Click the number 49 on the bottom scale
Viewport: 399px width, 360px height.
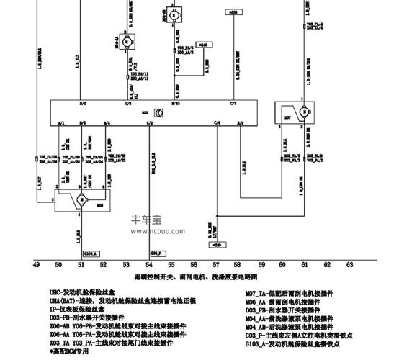tap(36, 265)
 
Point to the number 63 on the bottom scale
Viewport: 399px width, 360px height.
tap(349, 265)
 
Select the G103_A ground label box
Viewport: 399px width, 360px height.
tap(91, 253)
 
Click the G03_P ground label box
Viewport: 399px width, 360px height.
tap(157, 253)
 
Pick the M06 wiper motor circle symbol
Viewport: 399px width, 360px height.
tap(81, 199)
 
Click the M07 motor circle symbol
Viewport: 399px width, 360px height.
tap(304, 112)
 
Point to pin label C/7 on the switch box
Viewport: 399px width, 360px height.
tap(233, 104)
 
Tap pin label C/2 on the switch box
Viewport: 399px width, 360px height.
tap(150, 123)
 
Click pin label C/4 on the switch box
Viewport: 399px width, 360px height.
tap(217, 123)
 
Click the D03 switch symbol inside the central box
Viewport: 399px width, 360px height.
tap(157, 112)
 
